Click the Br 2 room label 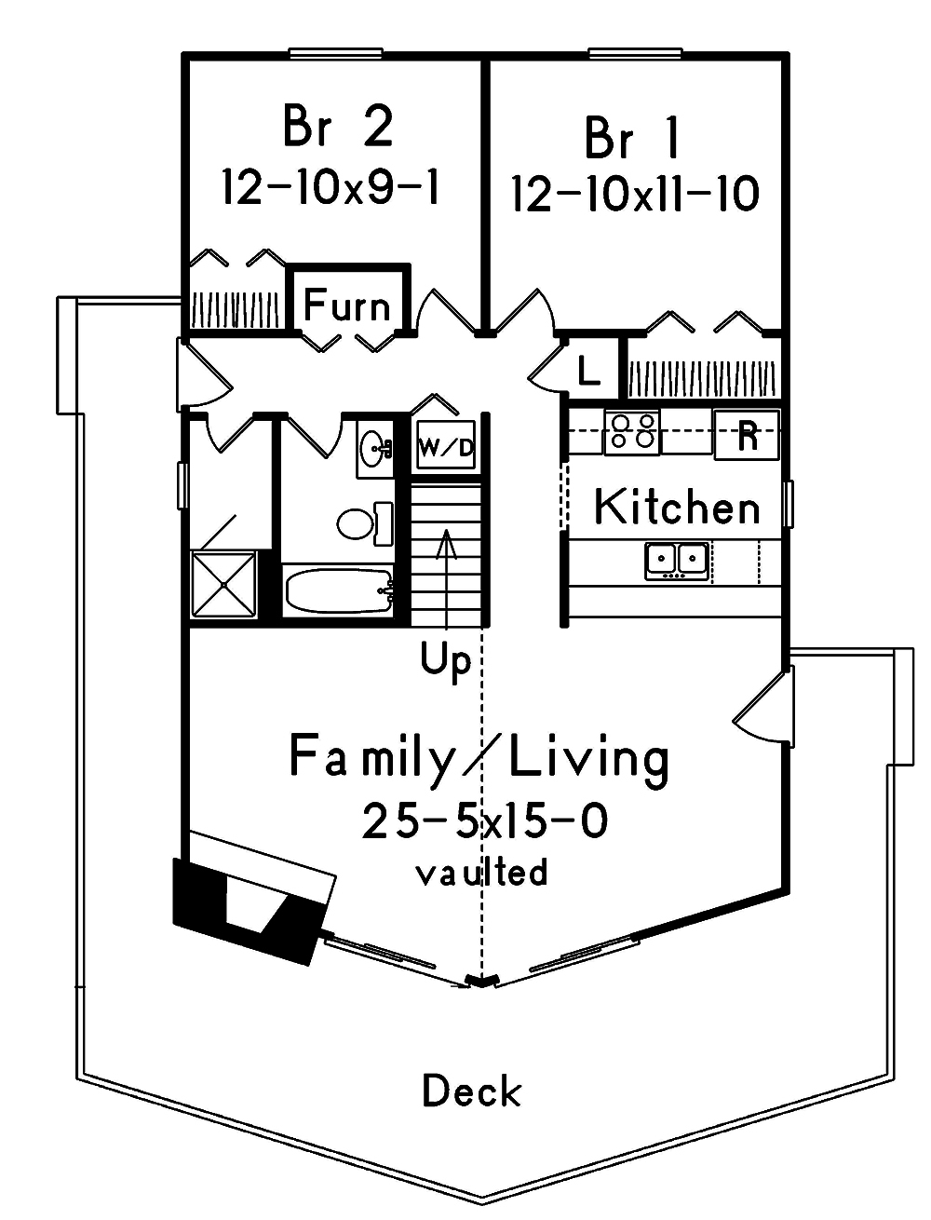pyautogui.click(x=337, y=127)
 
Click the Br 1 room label pyautogui.click(x=633, y=138)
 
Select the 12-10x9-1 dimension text pyautogui.click(x=331, y=187)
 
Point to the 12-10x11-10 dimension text pyautogui.click(x=635, y=196)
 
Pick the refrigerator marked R pyautogui.click(x=747, y=435)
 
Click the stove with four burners pyautogui.click(x=632, y=433)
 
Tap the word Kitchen pyautogui.click(x=677, y=508)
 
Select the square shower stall pyautogui.click(x=223, y=584)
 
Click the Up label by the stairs pyautogui.click(x=446, y=661)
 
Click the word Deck pyautogui.click(x=472, y=1091)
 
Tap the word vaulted pyautogui.click(x=481, y=873)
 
